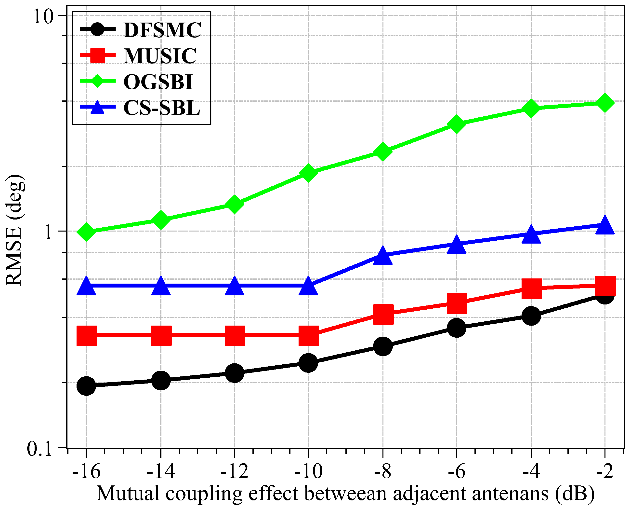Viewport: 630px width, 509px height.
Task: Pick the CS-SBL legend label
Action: point(162,108)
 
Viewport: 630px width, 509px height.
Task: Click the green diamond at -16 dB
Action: point(86,231)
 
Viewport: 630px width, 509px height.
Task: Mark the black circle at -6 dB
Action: point(457,327)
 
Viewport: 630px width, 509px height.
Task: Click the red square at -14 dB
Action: point(161,335)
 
